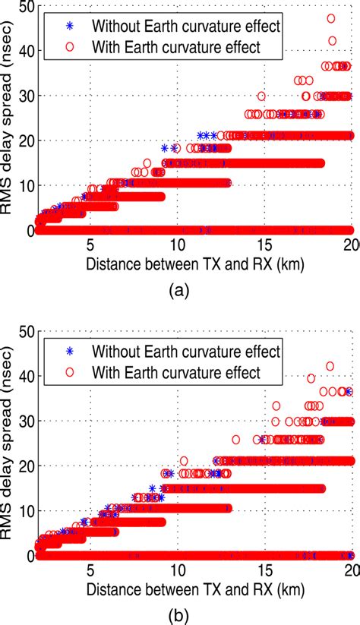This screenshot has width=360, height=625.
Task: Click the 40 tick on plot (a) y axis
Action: coord(24,52)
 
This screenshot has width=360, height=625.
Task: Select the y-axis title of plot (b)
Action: coord(9,440)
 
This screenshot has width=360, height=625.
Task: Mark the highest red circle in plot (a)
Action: coord(331,18)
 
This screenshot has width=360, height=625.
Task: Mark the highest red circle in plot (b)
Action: coord(330,366)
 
